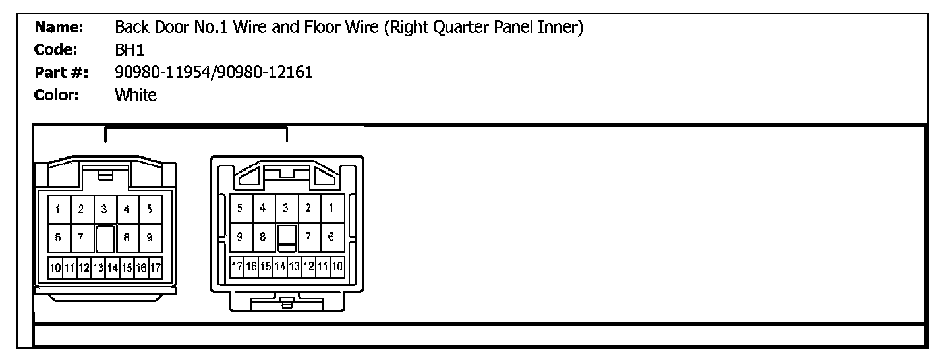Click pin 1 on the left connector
59,210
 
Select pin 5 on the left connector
150,210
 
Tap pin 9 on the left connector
150,238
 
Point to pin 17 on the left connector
156,268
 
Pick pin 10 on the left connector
55,268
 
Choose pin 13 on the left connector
98,268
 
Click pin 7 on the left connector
81,238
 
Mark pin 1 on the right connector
331,208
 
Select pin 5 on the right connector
240,208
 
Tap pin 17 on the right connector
236,267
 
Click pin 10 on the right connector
337,267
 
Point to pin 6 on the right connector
331,236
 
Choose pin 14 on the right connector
279,267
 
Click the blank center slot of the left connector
105,239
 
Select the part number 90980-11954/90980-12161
214,73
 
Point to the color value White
136,95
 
